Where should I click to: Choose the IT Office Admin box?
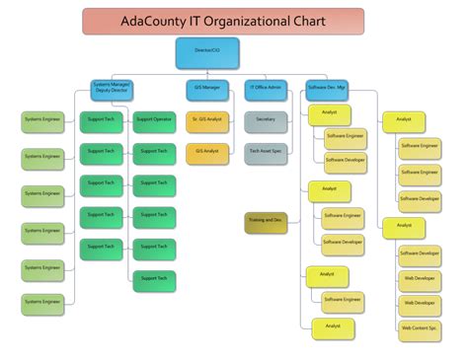pyautogui.click(x=264, y=89)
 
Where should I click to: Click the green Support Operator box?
pyautogui.click(x=153, y=119)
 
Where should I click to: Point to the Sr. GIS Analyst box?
pyautogui.click(x=206, y=120)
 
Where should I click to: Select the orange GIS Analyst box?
pyautogui.click(x=206, y=152)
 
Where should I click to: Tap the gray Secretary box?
pyautogui.click(x=266, y=120)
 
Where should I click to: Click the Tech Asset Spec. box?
pyautogui.click(x=266, y=152)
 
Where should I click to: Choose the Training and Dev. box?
pyautogui.click(x=266, y=221)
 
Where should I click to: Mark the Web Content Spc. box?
pyautogui.click(x=420, y=327)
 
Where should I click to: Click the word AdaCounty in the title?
pyautogui.click(x=146, y=21)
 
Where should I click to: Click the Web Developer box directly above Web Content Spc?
pyautogui.click(x=420, y=303)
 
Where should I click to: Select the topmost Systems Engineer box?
pyautogui.click(x=42, y=120)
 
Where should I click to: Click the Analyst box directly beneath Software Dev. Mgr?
pyautogui.click(x=329, y=113)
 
